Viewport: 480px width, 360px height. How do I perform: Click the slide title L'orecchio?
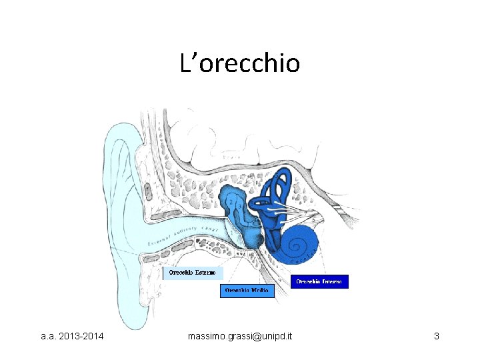pyautogui.click(x=240, y=63)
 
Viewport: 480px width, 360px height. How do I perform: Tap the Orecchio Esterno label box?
pyautogui.click(x=193, y=273)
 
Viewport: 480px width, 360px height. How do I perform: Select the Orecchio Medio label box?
pyautogui.click(x=247, y=291)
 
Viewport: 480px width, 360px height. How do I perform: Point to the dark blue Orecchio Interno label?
pyautogui.click(x=319, y=281)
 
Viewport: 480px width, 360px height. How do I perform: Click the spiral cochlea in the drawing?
pyautogui.click(x=303, y=241)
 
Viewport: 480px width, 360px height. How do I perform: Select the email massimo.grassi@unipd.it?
pyautogui.click(x=240, y=336)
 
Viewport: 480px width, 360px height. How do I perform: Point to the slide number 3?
pyautogui.click(x=436, y=336)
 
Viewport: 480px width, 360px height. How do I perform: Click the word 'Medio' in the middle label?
pyautogui.click(x=259, y=291)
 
